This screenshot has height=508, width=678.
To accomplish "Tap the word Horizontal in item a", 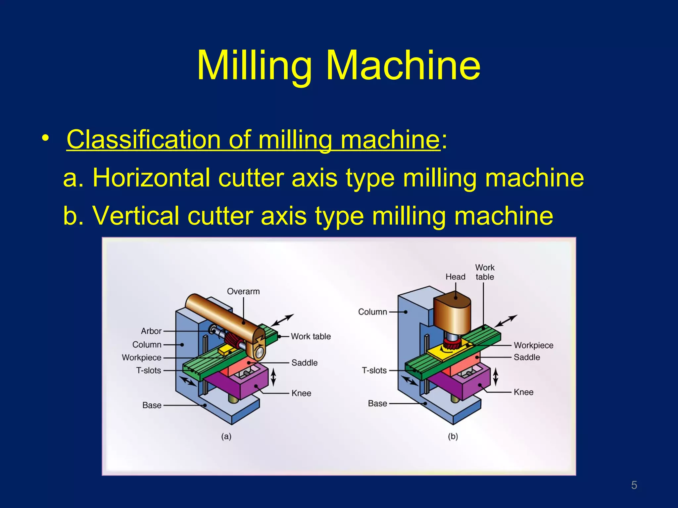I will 151,178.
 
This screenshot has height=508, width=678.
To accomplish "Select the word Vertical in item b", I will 135,216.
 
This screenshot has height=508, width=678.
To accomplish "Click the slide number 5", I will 634,485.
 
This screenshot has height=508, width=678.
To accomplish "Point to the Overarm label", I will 243,291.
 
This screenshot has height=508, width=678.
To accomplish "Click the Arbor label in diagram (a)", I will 151,331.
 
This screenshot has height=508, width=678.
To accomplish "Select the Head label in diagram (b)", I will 455,277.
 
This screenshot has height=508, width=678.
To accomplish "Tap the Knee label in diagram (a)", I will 301,393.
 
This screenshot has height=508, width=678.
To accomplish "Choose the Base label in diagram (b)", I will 377,403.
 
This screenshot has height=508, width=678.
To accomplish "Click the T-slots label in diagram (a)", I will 149,370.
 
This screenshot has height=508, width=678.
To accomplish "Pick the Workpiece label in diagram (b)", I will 533,345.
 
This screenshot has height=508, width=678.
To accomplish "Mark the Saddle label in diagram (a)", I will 304,363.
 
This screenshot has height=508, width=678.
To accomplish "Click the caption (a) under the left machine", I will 226,437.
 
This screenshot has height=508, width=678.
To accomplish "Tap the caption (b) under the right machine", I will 453,437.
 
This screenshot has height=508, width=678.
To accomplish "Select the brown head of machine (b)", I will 452,313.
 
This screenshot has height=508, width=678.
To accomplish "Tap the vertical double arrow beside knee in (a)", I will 273,377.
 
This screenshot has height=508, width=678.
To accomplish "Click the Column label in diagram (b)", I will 372,312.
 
